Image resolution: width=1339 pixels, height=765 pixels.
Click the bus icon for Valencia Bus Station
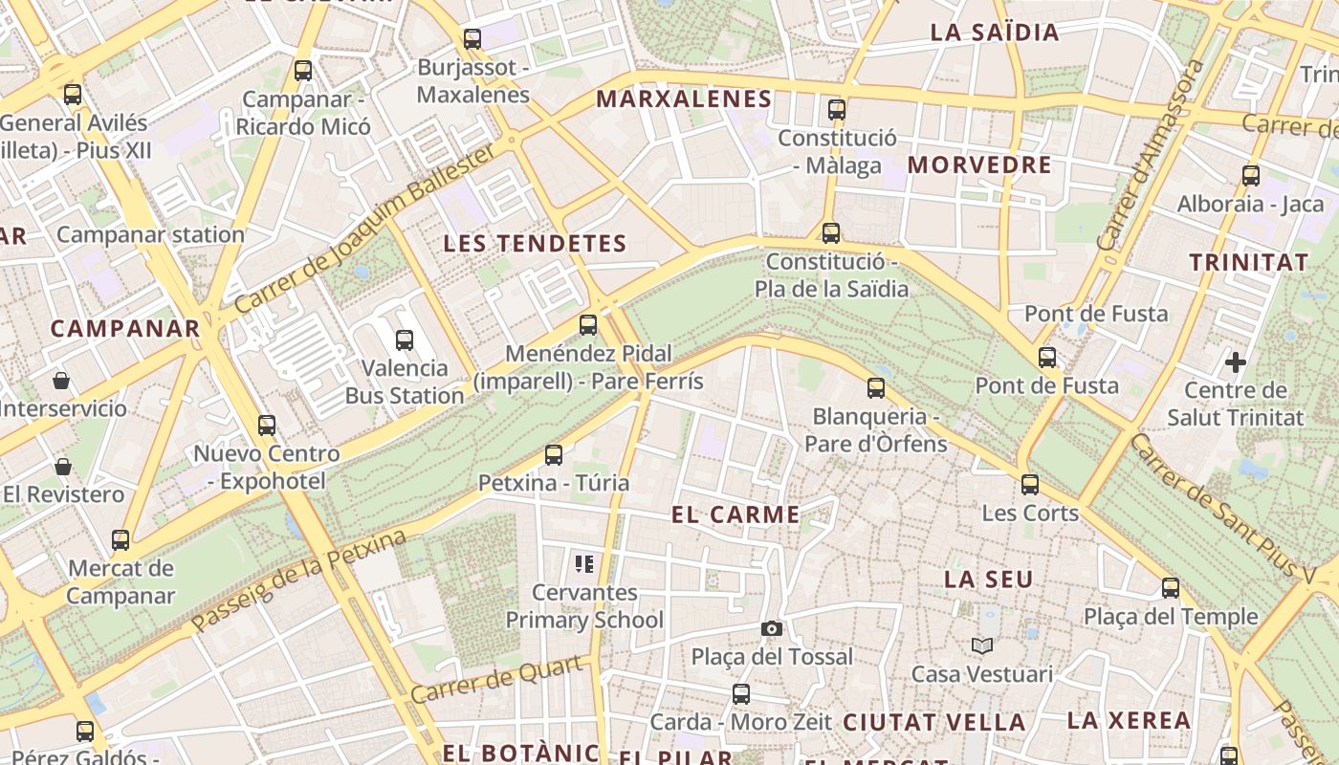405,339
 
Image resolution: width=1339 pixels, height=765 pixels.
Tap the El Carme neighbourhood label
735,514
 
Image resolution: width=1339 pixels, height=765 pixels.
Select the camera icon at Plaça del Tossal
772,628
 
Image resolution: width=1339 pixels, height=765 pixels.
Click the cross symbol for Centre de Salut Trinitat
1236,362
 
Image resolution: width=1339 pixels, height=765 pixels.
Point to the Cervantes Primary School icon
584,564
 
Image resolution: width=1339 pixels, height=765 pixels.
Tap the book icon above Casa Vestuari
982,645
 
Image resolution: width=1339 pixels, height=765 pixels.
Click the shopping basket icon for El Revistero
63,467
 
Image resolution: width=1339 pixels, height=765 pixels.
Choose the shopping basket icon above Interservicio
61,381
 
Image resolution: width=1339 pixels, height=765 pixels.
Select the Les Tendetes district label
535,244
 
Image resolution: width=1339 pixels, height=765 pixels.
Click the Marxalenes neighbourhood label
684,98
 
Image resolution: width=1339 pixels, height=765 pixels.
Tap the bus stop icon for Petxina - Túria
554,454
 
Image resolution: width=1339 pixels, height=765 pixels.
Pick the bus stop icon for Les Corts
1030,484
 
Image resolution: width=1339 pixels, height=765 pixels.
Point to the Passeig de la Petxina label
299,581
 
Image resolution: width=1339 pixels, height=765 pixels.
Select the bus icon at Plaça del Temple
1171,588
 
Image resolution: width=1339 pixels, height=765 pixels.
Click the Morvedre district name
979,164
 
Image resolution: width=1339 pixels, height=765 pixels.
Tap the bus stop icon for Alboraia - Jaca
1251,175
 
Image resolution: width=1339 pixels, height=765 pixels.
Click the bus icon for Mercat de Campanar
121,539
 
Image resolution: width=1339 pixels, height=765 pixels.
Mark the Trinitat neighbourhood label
1248,262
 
